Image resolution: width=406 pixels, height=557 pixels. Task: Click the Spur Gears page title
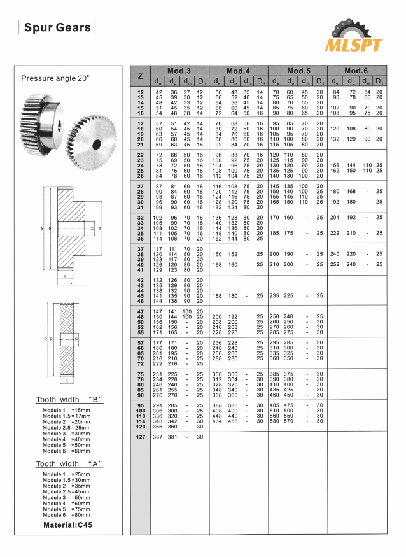tap(58, 28)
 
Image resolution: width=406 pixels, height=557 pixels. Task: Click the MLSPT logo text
tap(354, 45)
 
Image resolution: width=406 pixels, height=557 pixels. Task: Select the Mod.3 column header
tap(179, 70)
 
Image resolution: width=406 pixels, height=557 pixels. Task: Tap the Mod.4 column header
tap(237, 70)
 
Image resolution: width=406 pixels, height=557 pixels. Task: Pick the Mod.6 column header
tap(356, 70)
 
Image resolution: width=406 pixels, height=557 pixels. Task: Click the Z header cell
tap(140, 76)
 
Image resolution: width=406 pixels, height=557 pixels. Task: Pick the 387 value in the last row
tap(159, 437)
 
